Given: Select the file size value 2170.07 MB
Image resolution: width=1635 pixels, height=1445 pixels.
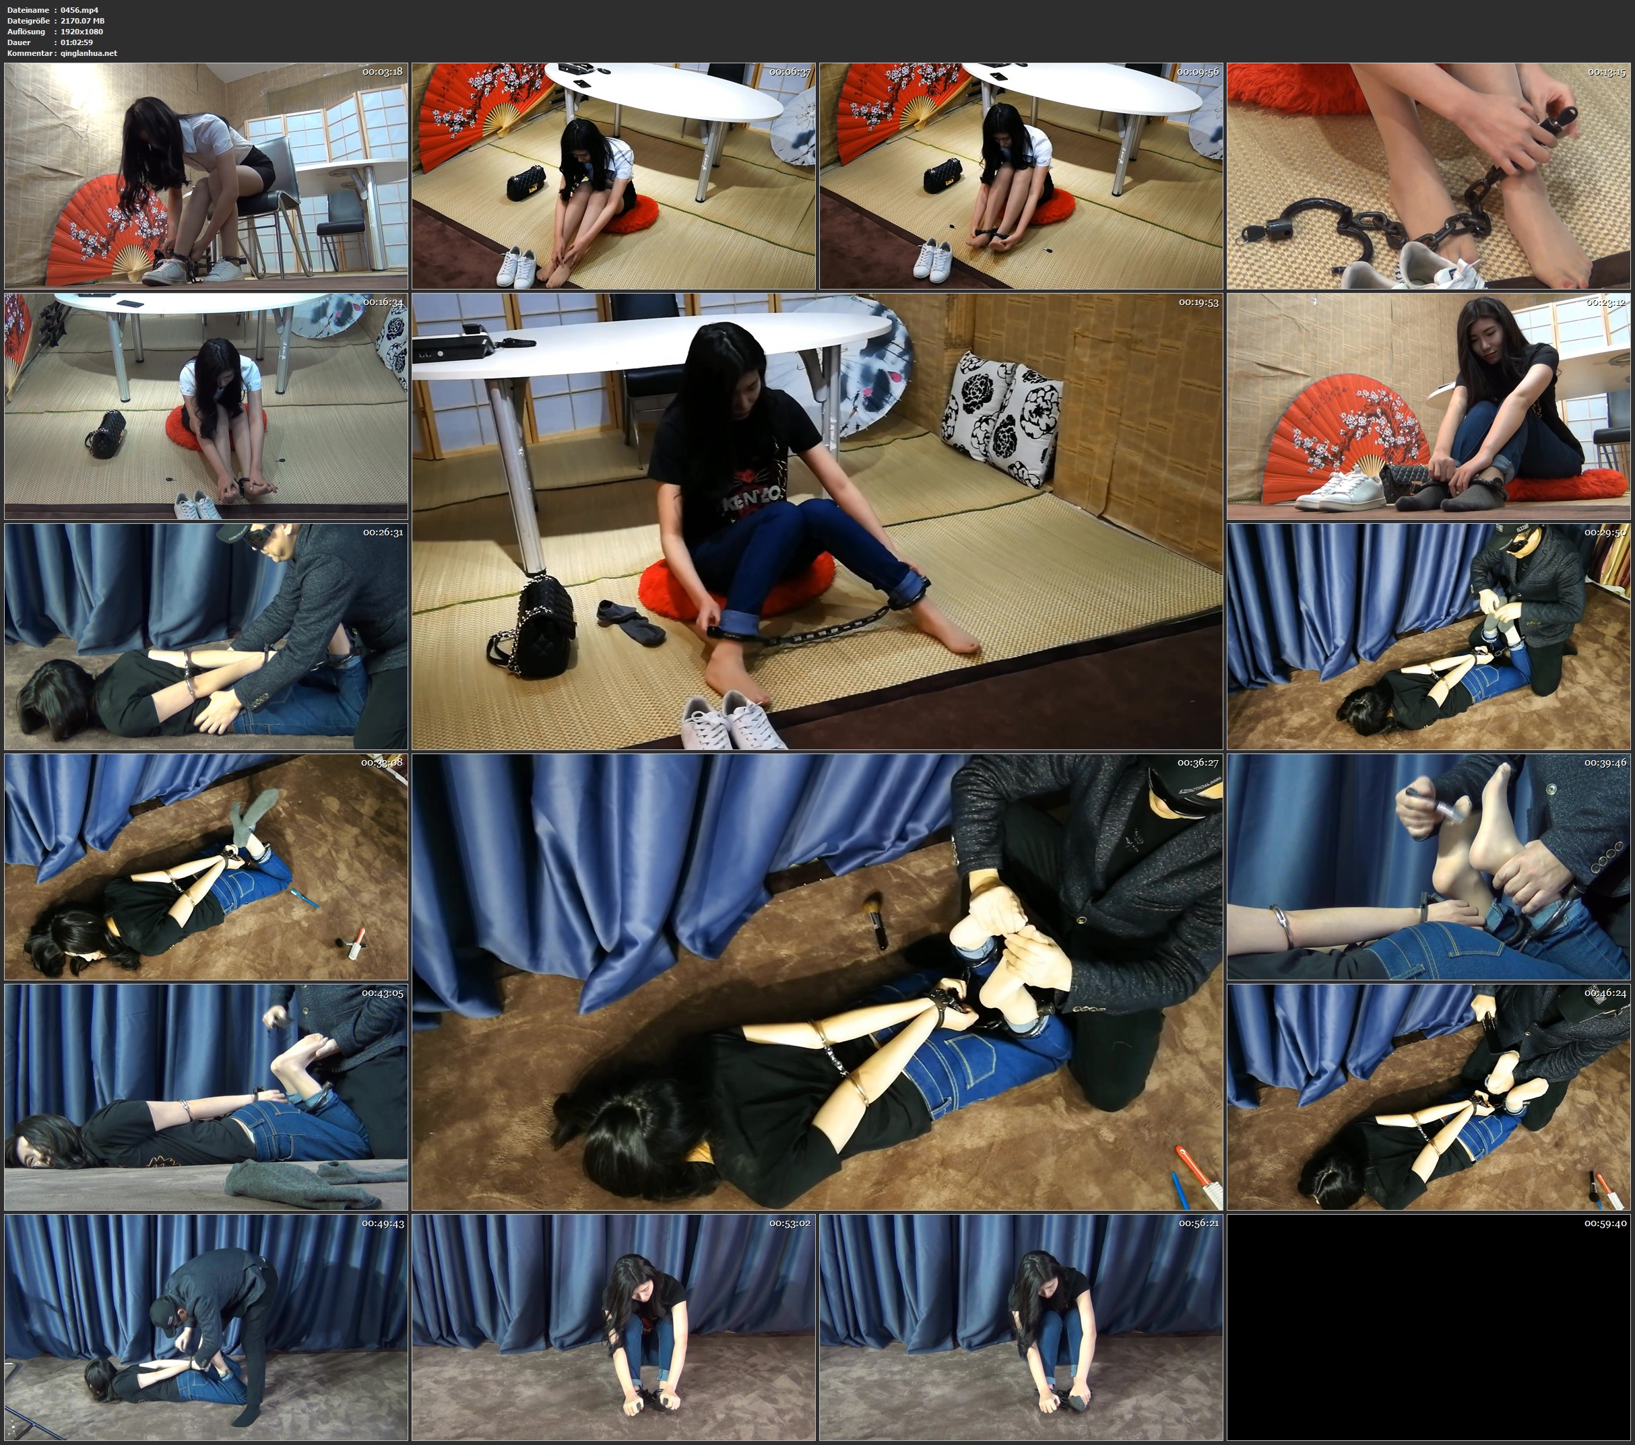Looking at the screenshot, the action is (82, 21).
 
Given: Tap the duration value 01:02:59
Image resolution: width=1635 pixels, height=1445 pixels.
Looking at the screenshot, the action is (77, 42).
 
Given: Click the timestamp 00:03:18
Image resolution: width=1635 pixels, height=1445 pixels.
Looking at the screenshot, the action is (383, 72).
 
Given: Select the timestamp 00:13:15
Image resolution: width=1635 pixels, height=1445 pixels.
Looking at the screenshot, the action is (1606, 72).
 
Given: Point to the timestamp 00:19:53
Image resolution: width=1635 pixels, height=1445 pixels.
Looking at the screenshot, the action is (1198, 302).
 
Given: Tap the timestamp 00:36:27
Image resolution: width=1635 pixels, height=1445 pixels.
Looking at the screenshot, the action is (1198, 763).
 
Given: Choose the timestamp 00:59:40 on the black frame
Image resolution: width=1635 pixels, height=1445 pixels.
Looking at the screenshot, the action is (1606, 1223).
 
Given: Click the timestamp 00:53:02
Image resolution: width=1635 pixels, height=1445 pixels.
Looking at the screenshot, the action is (790, 1223).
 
